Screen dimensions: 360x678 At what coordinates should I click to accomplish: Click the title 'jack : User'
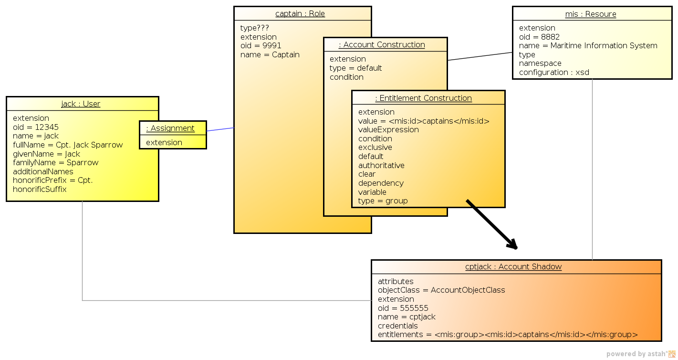(x=81, y=104)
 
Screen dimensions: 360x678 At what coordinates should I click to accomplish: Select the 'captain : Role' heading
(x=300, y=13)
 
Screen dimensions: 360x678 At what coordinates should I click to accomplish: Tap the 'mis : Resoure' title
(x=591, y=14)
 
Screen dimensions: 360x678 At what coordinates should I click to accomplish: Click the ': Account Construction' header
(x=382, y=44)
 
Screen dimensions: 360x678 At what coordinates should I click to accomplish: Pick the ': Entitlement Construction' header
(x=423, y=98)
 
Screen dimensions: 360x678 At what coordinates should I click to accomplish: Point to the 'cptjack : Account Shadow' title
(x=513, y=266)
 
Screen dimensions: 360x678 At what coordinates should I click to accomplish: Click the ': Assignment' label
(x=170, y=128)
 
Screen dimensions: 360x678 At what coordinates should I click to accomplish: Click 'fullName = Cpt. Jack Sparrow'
(x=68, y=145)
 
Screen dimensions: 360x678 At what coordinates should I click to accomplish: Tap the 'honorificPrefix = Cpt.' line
(x=52, y=180)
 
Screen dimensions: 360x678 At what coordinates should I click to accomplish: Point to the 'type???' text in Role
(x=255, y=28)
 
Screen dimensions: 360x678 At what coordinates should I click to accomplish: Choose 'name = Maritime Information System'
(x=588, y=45)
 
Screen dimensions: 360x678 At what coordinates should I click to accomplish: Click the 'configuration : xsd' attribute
(x=554, y=72)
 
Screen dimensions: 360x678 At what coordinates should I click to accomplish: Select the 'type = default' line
(x=355, y=68)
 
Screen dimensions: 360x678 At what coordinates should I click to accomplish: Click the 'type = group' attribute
(x=383, y=201)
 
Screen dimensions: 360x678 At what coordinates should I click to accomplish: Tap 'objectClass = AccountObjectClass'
(x=441, y=290)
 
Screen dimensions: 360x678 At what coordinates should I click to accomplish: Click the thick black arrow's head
(x=512, y=245)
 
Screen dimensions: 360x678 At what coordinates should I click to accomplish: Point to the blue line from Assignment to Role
(x=220, y=129)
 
